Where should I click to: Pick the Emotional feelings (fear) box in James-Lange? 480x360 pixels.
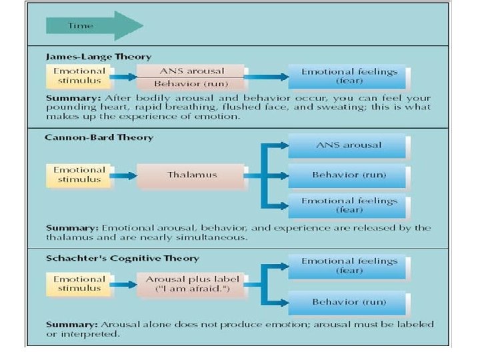[x=349, y=77]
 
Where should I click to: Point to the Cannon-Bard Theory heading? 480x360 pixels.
[x=100, y=137]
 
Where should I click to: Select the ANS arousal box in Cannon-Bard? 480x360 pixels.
[x=349, y=145]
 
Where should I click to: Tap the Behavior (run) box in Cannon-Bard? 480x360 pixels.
[x=349, y=175]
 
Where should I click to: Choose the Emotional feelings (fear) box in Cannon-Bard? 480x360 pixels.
[x=349, y=205]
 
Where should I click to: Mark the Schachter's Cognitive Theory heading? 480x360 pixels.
[x=123, y=257]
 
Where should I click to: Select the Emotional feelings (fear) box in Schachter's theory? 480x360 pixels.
[x=349, y=266]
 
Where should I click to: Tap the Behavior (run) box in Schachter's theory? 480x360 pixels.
[x=349, y=302]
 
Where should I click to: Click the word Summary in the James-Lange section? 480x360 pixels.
[x=68, y=97]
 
